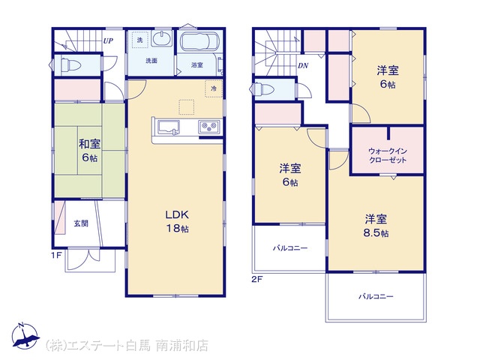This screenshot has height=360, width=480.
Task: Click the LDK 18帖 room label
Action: tap(177, 222)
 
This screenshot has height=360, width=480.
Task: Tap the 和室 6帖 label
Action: tap(90, 151)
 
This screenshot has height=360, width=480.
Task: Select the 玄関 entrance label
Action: tap(81, 223)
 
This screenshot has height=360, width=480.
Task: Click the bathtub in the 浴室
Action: tap(199, 41)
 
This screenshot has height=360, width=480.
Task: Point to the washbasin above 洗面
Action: tap(162, 39)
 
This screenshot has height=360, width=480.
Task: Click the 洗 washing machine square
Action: tap(140, 40)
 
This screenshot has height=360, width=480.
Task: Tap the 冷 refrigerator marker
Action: tap(214, 88)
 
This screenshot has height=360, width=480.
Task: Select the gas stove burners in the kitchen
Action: tap(209, 127)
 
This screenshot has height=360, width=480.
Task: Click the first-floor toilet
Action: tap(70, 65)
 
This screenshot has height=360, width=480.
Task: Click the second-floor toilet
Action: tap(270, 89)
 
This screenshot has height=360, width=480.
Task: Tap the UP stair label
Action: tap(108, 40)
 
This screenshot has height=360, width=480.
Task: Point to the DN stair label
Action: tap(303, 66)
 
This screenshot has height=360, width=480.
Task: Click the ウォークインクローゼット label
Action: tap(388, 155)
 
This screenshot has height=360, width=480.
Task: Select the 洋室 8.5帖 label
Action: tap(376, 226)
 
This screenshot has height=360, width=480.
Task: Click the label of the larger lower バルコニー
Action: tap(376, 296)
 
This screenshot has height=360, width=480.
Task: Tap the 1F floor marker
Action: tap(57, 255)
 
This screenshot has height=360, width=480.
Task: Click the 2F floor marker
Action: tap(257, 279)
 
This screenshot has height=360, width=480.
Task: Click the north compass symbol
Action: tap(25, 336)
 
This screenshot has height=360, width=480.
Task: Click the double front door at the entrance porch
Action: tap(90, 255)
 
